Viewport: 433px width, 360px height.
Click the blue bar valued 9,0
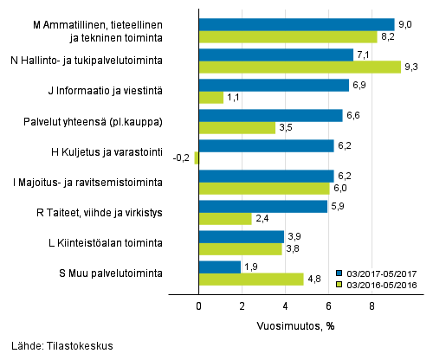coord(296,25)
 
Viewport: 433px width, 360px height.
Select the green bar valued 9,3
coord(300,67)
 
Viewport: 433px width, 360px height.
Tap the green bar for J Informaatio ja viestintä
coord(210,97)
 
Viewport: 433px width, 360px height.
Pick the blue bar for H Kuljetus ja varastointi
coord(266,145)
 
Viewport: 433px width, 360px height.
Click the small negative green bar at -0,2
coord(197,157)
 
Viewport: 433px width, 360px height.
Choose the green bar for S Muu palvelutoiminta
coord(251,279)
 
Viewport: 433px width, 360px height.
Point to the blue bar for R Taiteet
coord(262,206)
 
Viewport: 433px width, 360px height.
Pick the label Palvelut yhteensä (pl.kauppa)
coord(105,121)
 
